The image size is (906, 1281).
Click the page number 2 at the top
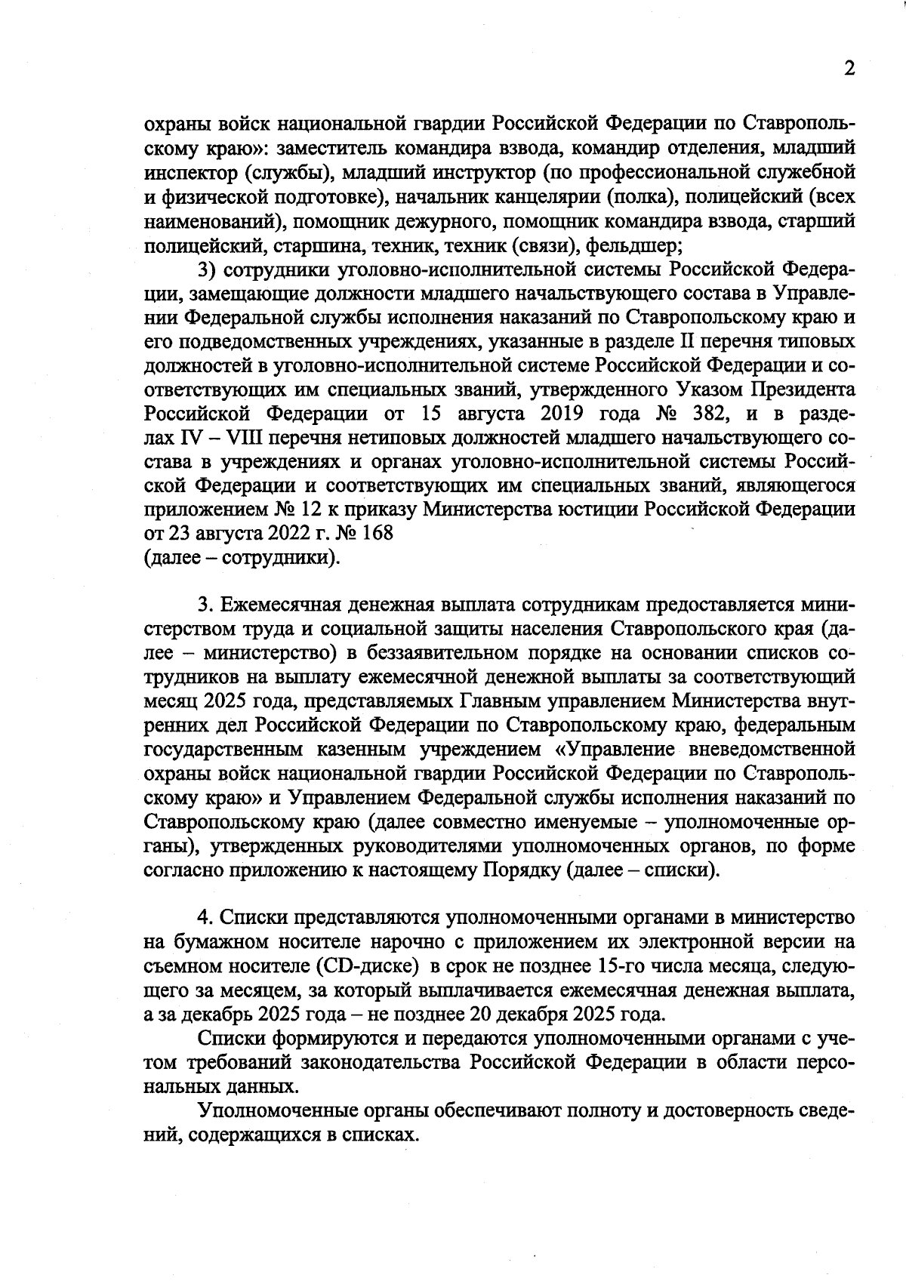pyautogui.click(x=849, y=69)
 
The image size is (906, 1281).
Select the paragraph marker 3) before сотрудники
pyautogui.click(x=208, y=269)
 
